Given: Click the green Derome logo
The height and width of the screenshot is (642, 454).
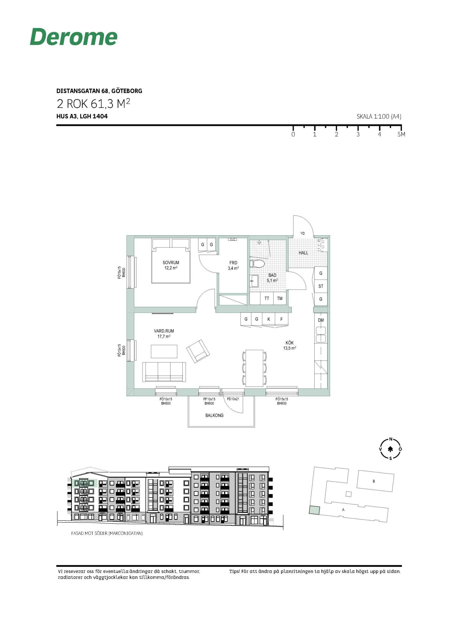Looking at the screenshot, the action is click(x=74, y=37).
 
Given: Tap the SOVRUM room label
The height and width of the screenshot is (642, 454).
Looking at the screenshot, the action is click(x=171, y=263).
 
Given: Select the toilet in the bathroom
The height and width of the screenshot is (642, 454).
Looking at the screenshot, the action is click(x=258, y=264).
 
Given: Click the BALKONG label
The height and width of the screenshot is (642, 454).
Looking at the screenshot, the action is click(x=214, y=415).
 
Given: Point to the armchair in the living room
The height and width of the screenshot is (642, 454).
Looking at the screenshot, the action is click(x=198, y=351).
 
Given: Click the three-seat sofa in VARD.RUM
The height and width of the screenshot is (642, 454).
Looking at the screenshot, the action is click(x=164, y=372).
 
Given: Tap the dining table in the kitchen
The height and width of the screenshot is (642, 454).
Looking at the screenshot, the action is click(x=254, y=368).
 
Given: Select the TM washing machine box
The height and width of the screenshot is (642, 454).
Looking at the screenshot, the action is click(x=280, y=299).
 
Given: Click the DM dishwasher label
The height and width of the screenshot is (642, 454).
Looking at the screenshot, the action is click(x=321, y=320).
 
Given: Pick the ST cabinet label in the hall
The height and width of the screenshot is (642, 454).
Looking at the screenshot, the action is click(x=321, y=286).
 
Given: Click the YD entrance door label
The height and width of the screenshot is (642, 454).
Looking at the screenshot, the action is click(x=302, y=233).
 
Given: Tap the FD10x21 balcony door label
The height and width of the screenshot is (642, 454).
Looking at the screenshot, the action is click(x=233, y=399).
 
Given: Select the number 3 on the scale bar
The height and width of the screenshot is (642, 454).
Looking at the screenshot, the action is click(x=358, y=134).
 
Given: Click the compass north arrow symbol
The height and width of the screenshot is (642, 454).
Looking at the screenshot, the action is click(x=390, y=449).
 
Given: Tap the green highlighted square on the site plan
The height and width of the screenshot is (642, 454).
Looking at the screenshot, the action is click(x=315, y=510).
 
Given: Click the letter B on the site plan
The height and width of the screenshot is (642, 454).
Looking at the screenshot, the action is click(x=374, y=481).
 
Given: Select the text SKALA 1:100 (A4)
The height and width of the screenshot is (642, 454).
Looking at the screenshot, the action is click(x=379, y=117).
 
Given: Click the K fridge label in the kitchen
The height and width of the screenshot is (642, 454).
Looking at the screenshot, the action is click(x=269, y=319).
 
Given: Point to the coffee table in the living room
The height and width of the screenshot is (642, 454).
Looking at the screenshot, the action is click(x=164, y=351).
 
